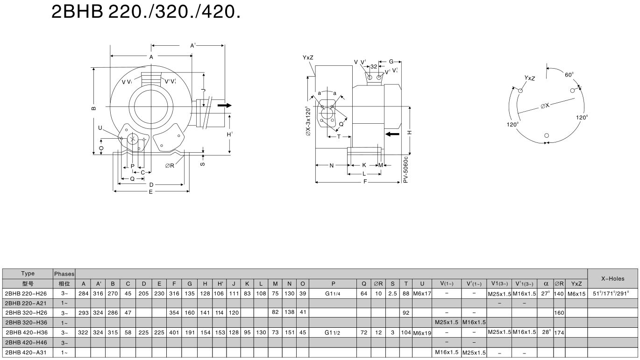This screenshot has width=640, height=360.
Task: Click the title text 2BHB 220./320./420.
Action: click(146, 12)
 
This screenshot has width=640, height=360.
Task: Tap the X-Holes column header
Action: click(612, 278)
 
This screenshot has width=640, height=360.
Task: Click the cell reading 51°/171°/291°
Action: click(612, 294)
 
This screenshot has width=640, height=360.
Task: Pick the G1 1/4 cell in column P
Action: click(333, 294)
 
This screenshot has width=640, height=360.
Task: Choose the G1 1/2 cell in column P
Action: click(333, 332)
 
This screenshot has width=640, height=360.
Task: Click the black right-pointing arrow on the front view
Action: click(224, 106)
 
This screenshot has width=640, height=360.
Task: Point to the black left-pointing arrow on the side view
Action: click(393, 134)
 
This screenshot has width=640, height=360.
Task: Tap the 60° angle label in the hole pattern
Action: click(569, 75)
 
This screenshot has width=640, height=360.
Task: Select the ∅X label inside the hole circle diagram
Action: click(545, 106)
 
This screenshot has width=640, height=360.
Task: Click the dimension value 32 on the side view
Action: click(374, 66)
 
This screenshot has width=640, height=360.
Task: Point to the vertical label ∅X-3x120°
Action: click(307, 121)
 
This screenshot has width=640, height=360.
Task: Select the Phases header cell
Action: click(64, 274)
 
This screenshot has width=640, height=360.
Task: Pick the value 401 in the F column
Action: click(174, 332)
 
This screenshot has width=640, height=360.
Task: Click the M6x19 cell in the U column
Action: click(422, 332)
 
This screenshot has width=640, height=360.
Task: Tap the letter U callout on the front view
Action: click(100, 127)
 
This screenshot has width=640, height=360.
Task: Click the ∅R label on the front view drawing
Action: click(169, 166)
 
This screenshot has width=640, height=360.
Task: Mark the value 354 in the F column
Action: click(174, 313)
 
